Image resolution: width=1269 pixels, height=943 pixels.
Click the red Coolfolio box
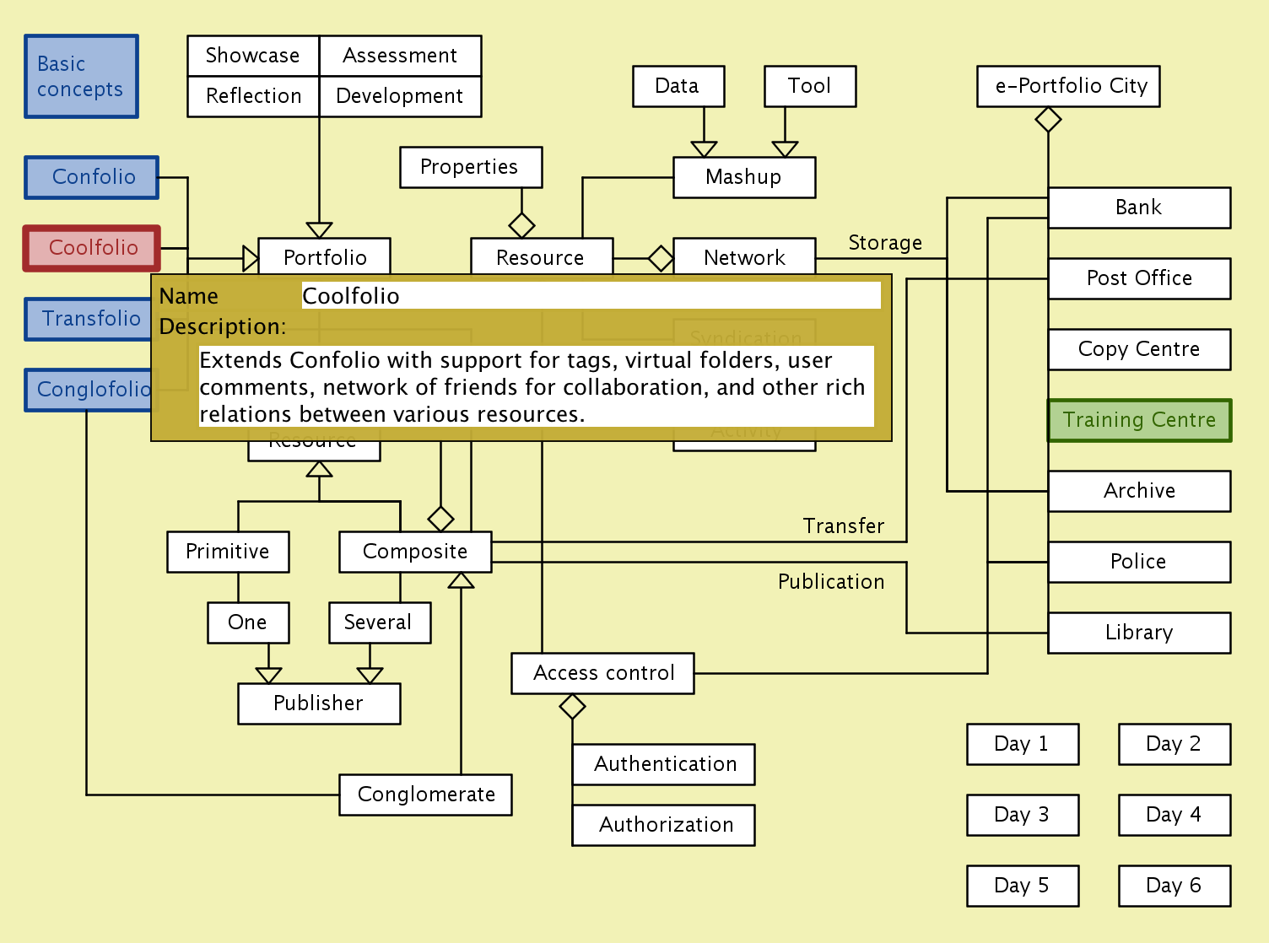click(92, 248)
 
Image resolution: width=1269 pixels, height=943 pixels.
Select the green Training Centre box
click(1139, 420)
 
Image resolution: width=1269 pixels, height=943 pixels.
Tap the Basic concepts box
click(81, 77)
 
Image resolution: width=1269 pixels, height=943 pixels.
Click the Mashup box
click(743, 177)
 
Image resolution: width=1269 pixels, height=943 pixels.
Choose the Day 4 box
click(1174, 815)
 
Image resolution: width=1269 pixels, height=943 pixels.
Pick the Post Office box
click(1139, 278)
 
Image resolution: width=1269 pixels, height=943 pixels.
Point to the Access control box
click(602, 673)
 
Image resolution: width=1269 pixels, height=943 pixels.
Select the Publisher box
click(319, 703)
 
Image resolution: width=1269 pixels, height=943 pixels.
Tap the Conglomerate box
click(425, 795)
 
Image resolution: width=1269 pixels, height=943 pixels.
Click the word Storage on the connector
click(884, 243)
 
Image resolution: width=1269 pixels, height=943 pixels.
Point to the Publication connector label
click(830, 582)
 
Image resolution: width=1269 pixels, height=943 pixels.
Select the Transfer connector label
click(843, 526)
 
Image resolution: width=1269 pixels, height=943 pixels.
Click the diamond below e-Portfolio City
click(1048, 120)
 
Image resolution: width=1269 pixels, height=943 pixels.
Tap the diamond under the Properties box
click(521, 225)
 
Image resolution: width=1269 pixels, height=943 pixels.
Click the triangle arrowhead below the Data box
click(704, 149)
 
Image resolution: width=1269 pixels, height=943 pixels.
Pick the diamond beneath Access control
click(572, 706)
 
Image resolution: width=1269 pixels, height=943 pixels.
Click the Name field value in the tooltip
click(591, 296)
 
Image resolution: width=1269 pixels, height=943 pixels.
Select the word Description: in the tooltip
click(223, 326)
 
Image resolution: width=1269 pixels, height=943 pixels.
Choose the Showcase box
click(253, 56)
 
